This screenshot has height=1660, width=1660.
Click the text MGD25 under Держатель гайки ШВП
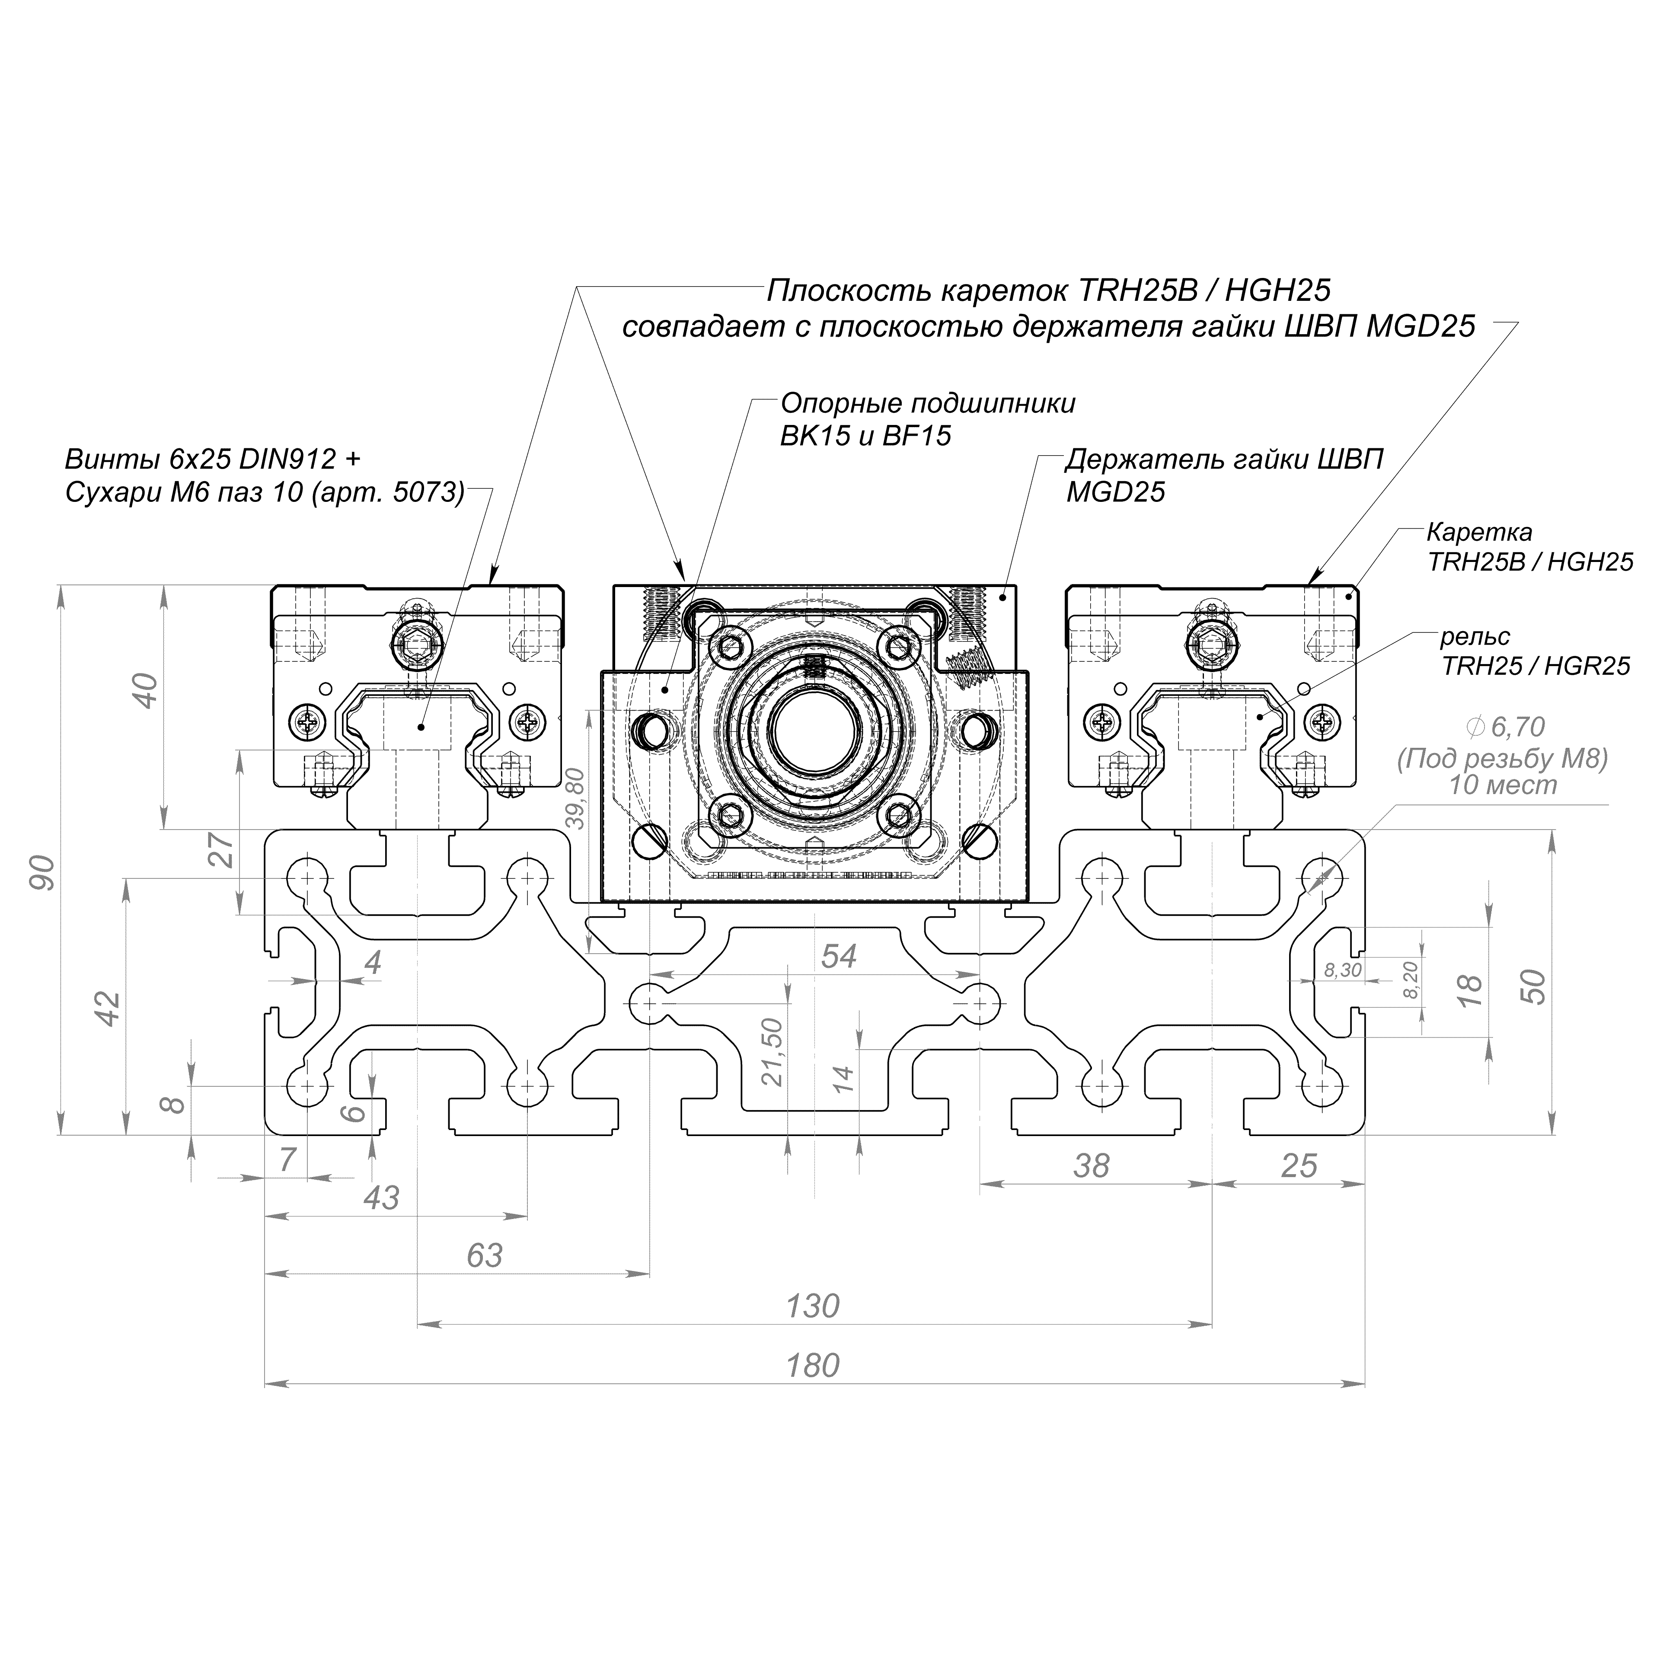click(1115, 492)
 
